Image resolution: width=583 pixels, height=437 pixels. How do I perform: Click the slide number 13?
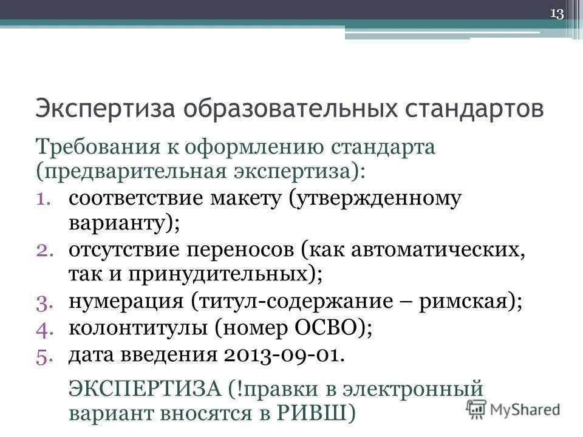(557, 14)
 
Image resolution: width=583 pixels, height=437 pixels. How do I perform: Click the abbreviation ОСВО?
(326, 328)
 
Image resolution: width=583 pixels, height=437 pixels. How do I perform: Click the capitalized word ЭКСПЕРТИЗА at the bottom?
(146, 387)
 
